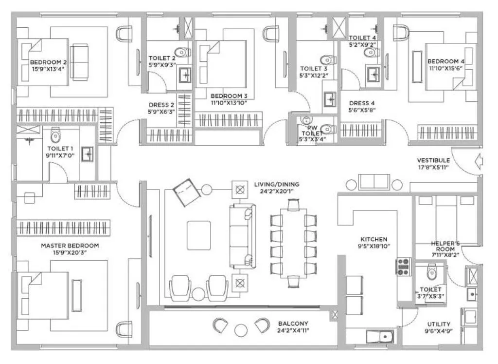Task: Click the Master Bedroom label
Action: tap(70, 246)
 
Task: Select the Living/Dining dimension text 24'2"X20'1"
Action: tap(276, 192)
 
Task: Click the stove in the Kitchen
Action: tap(404, 267)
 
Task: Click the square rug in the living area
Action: tap(199, 235)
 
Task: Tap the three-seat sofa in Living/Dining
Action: tap(242, 236)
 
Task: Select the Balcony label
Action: tap(293, 324)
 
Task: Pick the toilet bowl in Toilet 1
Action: tap(55, 134)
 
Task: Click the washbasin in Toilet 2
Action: tap(185, 76)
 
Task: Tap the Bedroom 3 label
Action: tap(229, 96)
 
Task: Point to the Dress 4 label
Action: tap(362, 103)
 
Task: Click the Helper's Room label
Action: tap(445, 243)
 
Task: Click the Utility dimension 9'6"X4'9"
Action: tap(438, 331)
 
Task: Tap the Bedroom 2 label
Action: tap(48, 62)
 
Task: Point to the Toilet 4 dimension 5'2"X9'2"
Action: tap(362, 44)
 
